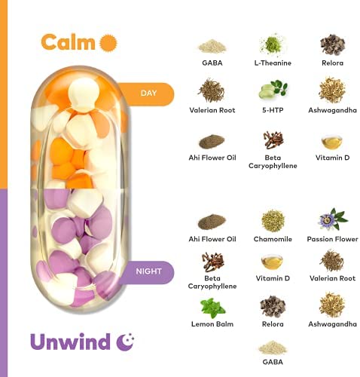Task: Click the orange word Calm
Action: (x=68, y=42)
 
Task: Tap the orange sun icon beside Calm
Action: (x=108, y=43)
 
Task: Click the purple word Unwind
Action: (x=70, y=342)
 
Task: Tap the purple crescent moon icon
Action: (x=125, y=342)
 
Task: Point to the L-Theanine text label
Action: (x=273, y=63)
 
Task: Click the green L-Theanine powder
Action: (x=272, y=44)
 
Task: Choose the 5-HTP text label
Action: (x=273, y=110)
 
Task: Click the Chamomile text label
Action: (x=273, y=239)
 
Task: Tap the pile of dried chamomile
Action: (x=273, y=221)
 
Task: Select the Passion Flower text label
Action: (x=332, y=239)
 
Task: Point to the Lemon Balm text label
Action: (x=212, y=324)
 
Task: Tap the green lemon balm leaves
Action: (x=212, y=308)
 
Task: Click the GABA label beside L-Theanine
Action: (x=212, y=63)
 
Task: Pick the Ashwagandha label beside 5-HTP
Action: (x=332, y=110)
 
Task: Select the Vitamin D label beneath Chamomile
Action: (x=273, y=278)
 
